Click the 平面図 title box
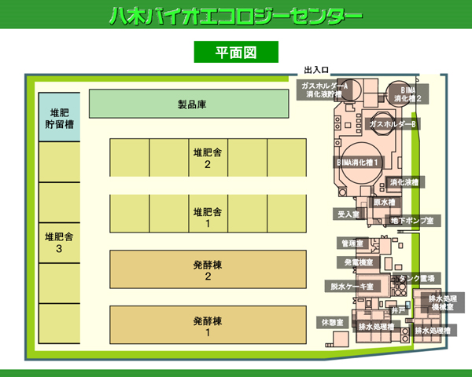(x=236, y=52)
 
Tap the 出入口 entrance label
(x=315, y=70)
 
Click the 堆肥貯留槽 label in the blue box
(x=59, y=118)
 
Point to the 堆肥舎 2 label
(x=208, y=158)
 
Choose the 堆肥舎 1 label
(x=208, y=218)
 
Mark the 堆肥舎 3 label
(x=59, y=243)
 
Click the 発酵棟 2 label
(x=208, y=270)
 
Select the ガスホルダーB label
(x=393, y=124)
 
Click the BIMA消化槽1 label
(x=359, y=162)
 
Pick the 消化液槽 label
(x=404, y=182)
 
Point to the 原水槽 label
(x=386, y=202)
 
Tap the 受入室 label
(x=348, y=214)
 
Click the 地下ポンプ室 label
(x=412, y=221)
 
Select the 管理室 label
(x=352, y=243)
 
